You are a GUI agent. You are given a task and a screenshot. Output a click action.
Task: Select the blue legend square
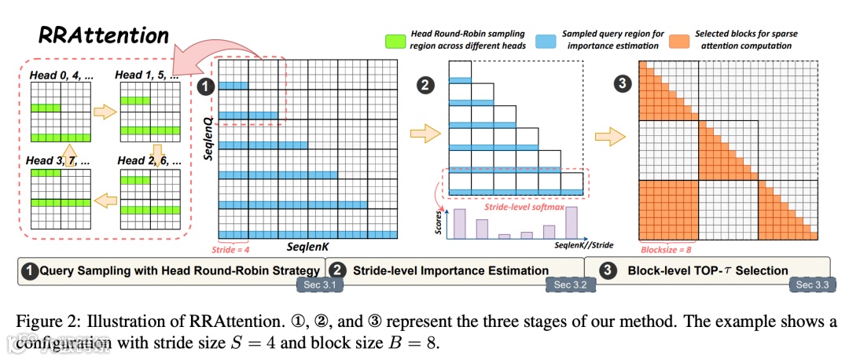coord(543,40)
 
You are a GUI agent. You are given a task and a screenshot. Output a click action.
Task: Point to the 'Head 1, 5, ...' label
coord(148,75)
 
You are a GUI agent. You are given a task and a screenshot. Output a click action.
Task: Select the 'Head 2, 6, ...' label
coord(150,161)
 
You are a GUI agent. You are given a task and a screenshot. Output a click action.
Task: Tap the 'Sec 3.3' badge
coord(812,285)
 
